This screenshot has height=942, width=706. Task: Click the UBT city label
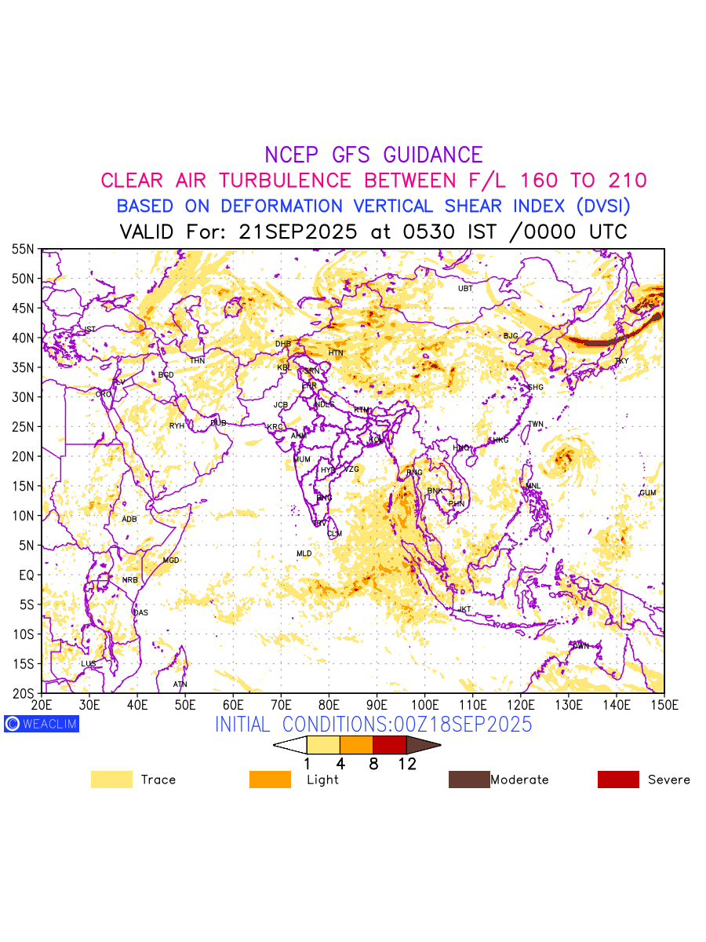465,288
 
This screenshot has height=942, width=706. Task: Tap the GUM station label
647,493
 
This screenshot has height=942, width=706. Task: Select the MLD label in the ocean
304,554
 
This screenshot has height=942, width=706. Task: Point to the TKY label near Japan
621,361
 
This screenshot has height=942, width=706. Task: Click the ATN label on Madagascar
180,685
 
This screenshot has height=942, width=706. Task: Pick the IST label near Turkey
89,329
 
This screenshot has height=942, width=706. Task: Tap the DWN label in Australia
580,646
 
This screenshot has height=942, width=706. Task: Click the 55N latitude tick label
23,249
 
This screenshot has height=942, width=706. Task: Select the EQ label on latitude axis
26,575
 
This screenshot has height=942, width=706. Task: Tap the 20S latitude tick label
23,694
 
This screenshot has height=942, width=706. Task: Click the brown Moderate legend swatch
468,780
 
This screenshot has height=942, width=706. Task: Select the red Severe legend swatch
618,780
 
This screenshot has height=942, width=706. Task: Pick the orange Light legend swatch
270,780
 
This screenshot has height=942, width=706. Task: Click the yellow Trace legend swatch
111,780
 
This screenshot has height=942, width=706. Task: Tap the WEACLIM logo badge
42,724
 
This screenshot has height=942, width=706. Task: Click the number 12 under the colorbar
406,763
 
